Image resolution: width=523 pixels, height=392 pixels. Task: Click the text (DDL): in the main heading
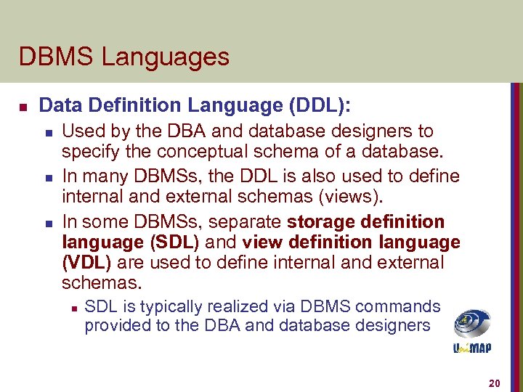point(320,106)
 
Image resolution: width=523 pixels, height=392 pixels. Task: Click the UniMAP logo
point(471,331)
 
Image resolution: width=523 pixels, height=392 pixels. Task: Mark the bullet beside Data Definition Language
point(23,107)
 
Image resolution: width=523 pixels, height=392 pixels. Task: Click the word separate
point(250,221)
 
